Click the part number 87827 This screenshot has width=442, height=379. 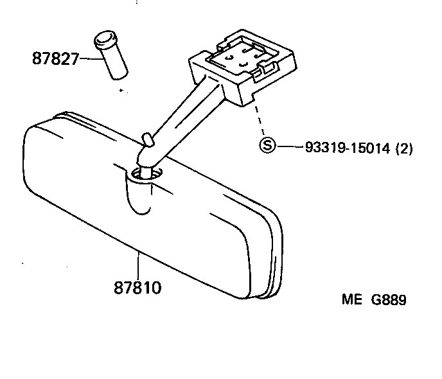coord(55,59)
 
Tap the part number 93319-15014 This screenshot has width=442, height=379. coord(348,148)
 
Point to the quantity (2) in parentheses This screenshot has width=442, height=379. coord(403,148)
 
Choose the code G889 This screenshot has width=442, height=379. coord(387,300)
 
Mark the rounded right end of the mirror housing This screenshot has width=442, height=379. coord(270,257)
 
